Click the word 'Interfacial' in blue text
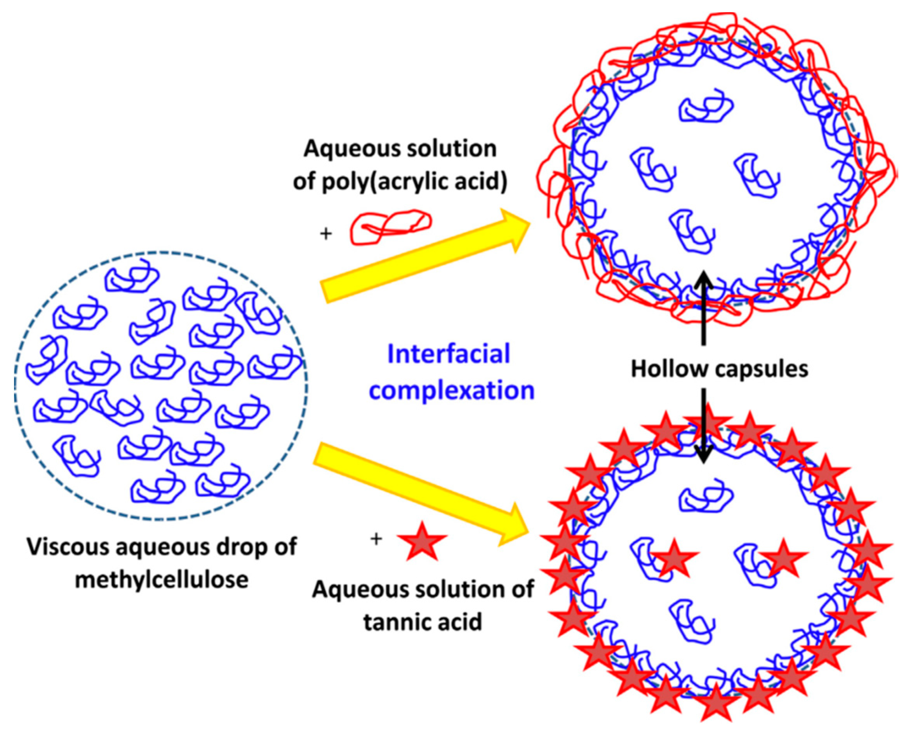[449, 354]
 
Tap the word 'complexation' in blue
[452, 391]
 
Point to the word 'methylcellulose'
[162, 579]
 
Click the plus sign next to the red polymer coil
[326, 233]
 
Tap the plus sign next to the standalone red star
[376, 539]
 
